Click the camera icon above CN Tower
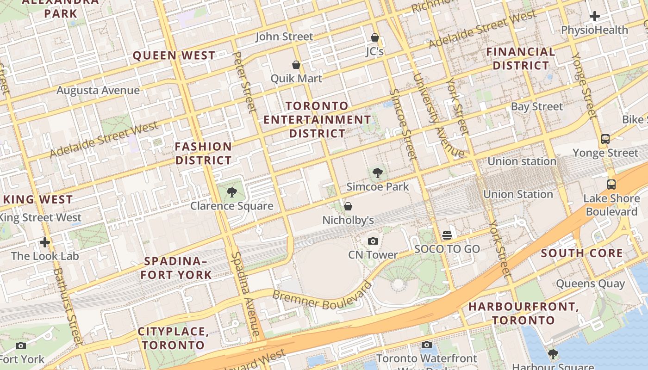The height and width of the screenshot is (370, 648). [x=373, y=241]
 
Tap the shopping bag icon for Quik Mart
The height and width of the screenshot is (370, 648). [x=296, y=65]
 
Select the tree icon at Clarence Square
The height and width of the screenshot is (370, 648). [x=232, y=192]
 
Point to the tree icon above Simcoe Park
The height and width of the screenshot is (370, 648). [x=378, y=173]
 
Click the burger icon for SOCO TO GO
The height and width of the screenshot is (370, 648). [x=447, y=235]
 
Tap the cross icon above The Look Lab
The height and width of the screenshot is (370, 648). [x=45, y=242]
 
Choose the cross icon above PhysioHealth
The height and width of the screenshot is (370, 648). [x=594, y=16]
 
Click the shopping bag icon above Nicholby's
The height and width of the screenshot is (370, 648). [x=348, y=206]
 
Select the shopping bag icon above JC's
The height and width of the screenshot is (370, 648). [x=375, y=37]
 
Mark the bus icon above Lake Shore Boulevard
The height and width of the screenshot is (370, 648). [x=611, y=185]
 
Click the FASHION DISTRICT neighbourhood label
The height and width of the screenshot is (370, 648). [x=203, y=154]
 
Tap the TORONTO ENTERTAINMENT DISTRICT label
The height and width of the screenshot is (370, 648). [x=317, y=120]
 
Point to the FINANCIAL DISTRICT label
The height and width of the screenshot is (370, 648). [x=521, y=59]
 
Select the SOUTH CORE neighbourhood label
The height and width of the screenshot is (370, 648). [x=582, y=253]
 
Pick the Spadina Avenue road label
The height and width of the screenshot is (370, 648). [x=246, y=293]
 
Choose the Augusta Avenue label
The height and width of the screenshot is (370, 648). [x=98, y=90]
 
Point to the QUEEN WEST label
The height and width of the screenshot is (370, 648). [x=174, y=56]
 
